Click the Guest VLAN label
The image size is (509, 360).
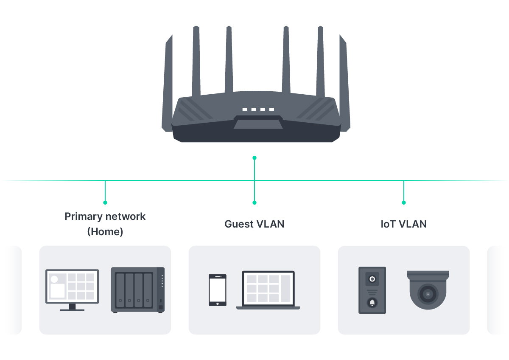click(x=254, y=224)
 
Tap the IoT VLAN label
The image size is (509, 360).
click(x=403, y=224)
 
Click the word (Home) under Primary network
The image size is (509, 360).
click(x=105, y=232)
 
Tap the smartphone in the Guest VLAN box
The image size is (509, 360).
click(x=217, y=290)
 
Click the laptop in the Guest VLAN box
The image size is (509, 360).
click(x=268, y=290)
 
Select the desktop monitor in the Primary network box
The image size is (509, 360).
click(x=72, y=287)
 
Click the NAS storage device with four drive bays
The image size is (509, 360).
click(x=138, y=290)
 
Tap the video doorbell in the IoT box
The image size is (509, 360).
click(x=372, y=290)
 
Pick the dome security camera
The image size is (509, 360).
click(x=428, y=290)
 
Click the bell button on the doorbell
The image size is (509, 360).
click(x=372, y=303)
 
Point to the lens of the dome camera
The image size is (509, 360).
click(x=428, y=294)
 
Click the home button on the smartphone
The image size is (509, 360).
click(x=217, y=303)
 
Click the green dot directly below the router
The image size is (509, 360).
click(x=255, y=157)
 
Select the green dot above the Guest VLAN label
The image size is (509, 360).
click(x=255, y=202)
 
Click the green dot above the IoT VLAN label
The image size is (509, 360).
click(x=404, y=202)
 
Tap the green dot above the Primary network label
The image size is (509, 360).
click(x=105, y=202)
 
